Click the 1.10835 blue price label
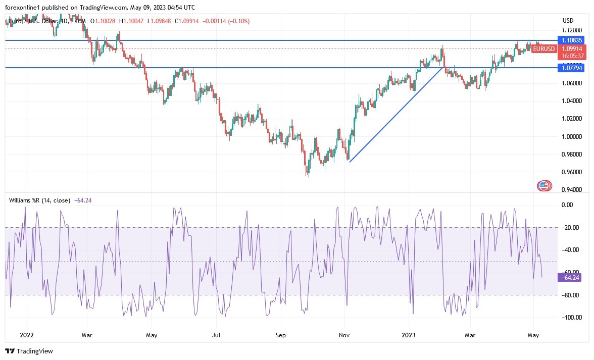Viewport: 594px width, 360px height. (x=571, y=40)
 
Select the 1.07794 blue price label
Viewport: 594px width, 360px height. (x=571, y=68)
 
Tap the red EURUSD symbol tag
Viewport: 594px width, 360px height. (x=543, y=49)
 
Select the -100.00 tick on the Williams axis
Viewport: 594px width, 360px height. (x=571, y=317)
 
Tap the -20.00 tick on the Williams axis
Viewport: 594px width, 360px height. (x=571, y=227)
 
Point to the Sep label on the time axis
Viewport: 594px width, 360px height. (x=281, y=335)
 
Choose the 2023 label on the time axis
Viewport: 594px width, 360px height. (x=410, y=335)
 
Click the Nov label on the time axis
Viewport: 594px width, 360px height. (x=344, y=335)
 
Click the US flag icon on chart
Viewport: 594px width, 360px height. (x=544, y=186)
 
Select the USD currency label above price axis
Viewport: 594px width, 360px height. (x=568, y=21)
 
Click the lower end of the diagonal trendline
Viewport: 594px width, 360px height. (x=350, y=162)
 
